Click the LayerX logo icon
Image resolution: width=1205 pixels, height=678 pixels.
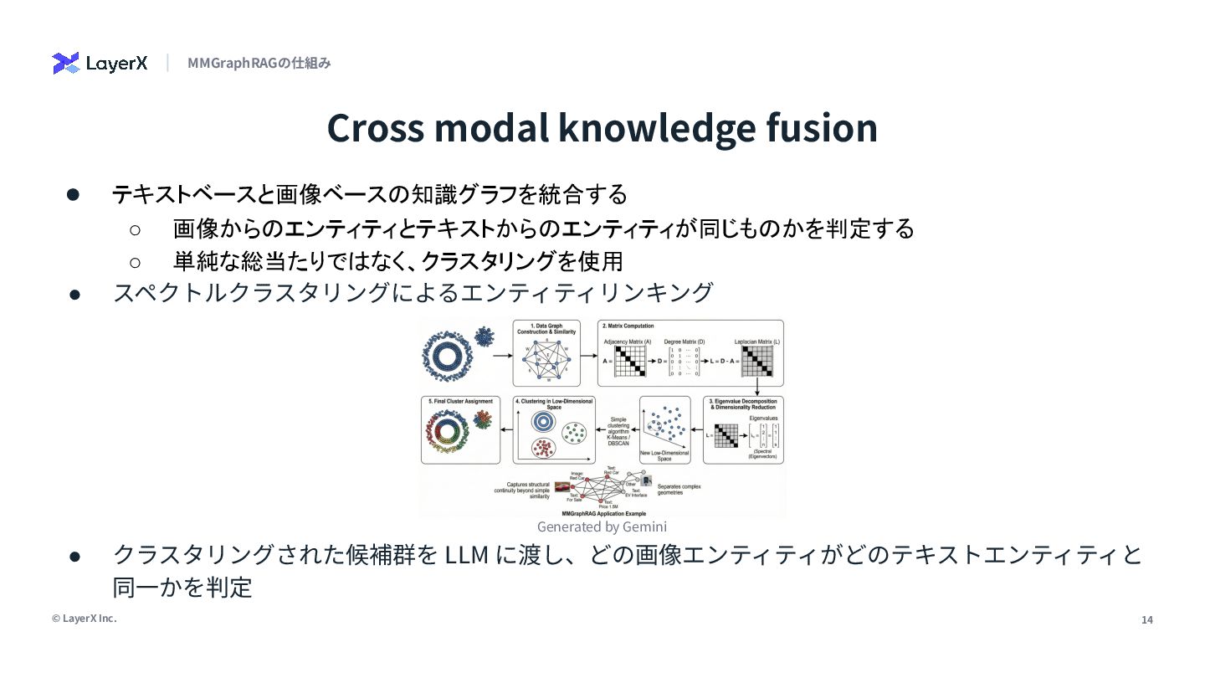(x=65, y=63)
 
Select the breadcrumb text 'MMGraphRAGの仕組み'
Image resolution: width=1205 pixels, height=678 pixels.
(x=259, y=63)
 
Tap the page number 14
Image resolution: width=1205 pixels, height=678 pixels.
(x=1147, y=619)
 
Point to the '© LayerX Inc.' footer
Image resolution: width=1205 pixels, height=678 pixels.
(x=84, y=619)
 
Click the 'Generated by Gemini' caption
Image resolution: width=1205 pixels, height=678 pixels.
(x=602, y=526)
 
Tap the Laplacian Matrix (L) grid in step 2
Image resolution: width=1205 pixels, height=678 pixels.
(x=756, y=361)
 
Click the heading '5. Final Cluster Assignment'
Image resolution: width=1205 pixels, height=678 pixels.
(x=460, y=402)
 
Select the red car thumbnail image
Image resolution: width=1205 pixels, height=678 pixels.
(x=562, y=486)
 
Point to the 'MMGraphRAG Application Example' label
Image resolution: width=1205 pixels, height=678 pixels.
(x=603, y=512)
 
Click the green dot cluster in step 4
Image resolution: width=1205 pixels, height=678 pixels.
(x=575, y=432)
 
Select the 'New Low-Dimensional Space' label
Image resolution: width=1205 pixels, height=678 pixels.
(x=664, y=455)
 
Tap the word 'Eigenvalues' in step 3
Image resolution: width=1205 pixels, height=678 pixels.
(x=763, y=417)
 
